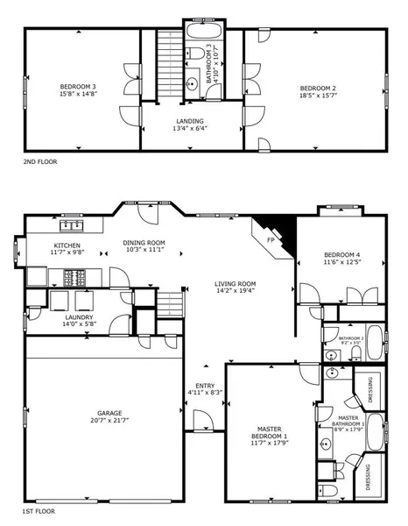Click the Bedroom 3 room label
[77, 86]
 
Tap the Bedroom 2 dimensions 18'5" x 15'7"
[317, 96]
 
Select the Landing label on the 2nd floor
[190, 121]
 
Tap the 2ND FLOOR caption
[40, 162]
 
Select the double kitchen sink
[67, 226]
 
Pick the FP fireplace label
[270, 237]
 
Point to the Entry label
[205, 385]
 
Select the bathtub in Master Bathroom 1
[375, 430]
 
